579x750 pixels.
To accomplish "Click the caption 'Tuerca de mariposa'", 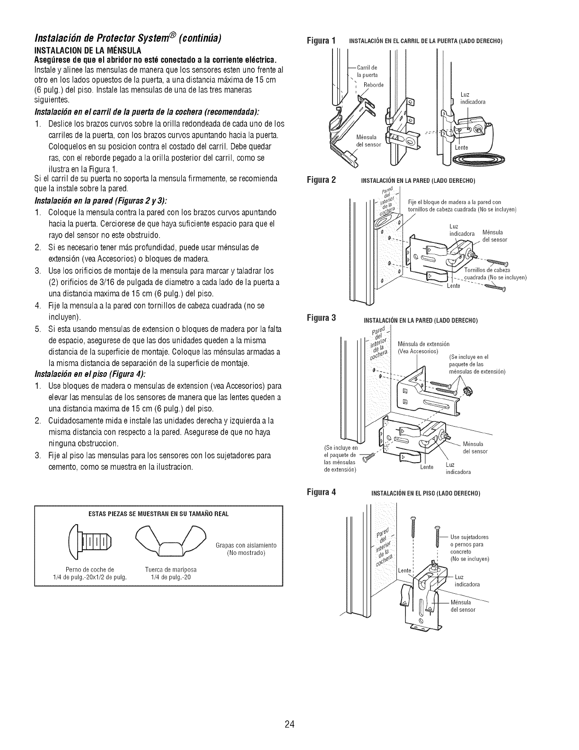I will tap(171, 569).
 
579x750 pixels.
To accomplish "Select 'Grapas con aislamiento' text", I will tap(246, 545).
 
